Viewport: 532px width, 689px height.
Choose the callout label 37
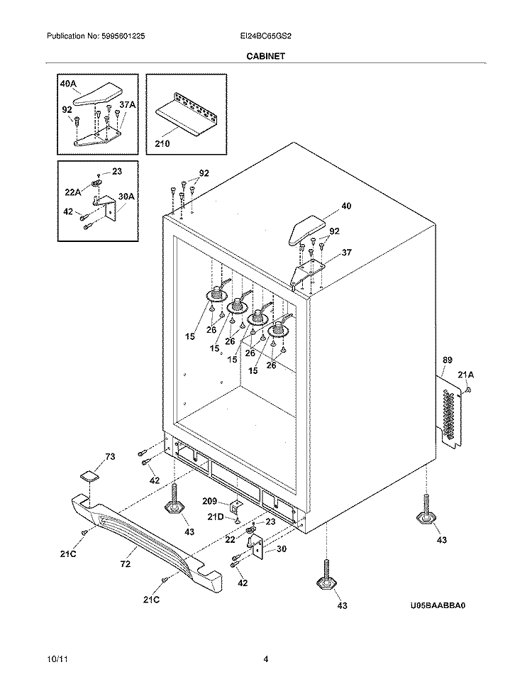[346, 253]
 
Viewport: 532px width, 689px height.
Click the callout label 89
[446, 361]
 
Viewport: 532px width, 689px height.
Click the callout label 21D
[216, 516]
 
